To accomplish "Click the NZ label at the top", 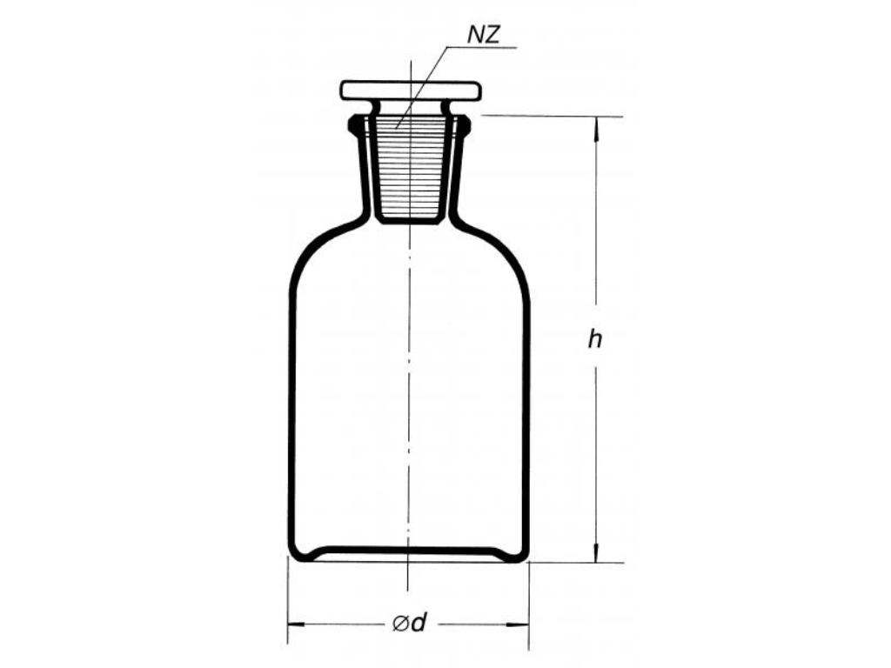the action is coord(484,35).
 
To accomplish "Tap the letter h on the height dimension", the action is coord(594,339).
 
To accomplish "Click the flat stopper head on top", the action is coord(411,90).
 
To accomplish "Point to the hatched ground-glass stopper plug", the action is coord(410,168).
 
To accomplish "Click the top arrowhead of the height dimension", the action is coord(595,129).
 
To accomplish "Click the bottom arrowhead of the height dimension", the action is coord(595,551).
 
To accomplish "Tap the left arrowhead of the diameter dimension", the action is coord(298,625).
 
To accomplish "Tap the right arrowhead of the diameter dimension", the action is coord(519,625).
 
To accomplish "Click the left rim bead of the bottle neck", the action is coord(353,124).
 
